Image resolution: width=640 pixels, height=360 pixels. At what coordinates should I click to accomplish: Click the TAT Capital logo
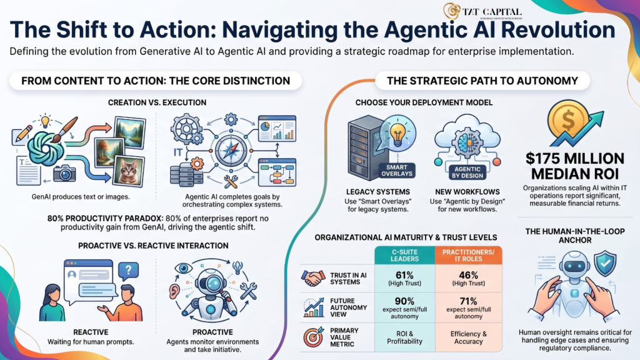pyautogui.click(x=482, y=11)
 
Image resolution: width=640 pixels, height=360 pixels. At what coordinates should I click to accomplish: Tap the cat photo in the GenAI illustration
pyautogui.click(x=128, y=172)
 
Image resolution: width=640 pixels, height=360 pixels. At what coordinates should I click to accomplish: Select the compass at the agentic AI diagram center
pyautogui.click(x=231, y=151)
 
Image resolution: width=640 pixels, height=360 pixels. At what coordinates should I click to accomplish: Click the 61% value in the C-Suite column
pyautogui.click(x=404, y=275)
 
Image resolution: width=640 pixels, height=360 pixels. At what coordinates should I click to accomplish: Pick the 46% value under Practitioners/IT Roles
pyautogui.click(x=468, y=275)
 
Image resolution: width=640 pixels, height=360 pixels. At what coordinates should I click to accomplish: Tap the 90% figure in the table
pyautogui.click(x=404, y=301)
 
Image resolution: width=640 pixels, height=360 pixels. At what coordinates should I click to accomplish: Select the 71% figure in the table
pyautogui.click(x=468, y=301)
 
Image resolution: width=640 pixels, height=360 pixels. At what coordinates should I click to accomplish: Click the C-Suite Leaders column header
pyautogui.click(x=404, y=256)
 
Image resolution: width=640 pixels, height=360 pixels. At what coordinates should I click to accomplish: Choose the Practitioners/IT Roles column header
pyautogui.click(x=469, y=256)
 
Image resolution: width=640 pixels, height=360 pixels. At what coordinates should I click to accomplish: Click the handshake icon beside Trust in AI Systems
pyautogui.click(x=313, y=278)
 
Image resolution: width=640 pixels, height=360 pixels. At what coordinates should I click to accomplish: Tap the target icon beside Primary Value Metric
pyautogui.click(x=314, y=337)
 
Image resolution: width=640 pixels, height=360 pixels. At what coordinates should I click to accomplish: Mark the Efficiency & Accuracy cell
pyautogui.click(x=469, y=337)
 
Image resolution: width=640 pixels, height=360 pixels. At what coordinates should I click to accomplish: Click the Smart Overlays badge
pyautogui.click(x=396, y=171)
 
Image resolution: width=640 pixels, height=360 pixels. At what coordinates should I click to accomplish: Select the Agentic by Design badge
pyautogui.click(x=467, y=172)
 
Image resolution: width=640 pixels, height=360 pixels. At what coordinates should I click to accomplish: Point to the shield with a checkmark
pyautogui.click(x=605, y=264)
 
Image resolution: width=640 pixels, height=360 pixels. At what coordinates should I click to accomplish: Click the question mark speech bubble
pyautogui.click(x=128, y=270)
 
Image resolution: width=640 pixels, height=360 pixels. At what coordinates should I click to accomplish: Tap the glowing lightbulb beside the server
pyautogui.click(x=397, y=134)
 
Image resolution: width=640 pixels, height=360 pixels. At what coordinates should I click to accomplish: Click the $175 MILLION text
pyautogui.click(x=575, y=158)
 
